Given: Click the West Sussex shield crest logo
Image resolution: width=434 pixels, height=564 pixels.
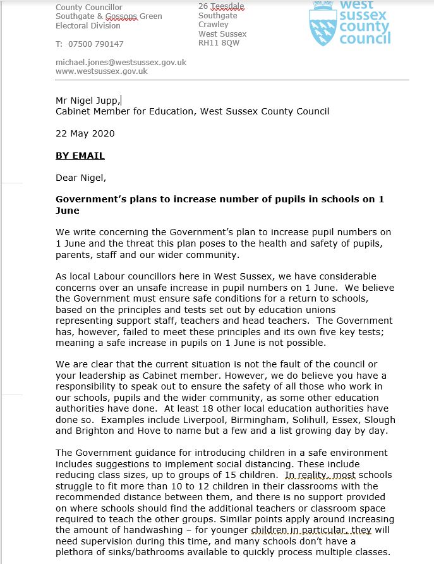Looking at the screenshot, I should point(323,23).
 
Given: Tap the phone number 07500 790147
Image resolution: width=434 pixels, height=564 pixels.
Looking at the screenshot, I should point(93,44).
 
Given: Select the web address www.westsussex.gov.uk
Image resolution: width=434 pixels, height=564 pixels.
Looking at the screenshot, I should point(101,71).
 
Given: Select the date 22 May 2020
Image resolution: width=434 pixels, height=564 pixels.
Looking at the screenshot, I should point(85,134).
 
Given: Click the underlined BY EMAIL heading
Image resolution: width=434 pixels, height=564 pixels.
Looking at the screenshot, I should point(80,156).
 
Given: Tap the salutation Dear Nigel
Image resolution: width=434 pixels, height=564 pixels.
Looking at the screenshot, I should point(82,178).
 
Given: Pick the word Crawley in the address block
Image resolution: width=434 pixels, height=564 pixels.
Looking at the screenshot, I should point(214,25).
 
